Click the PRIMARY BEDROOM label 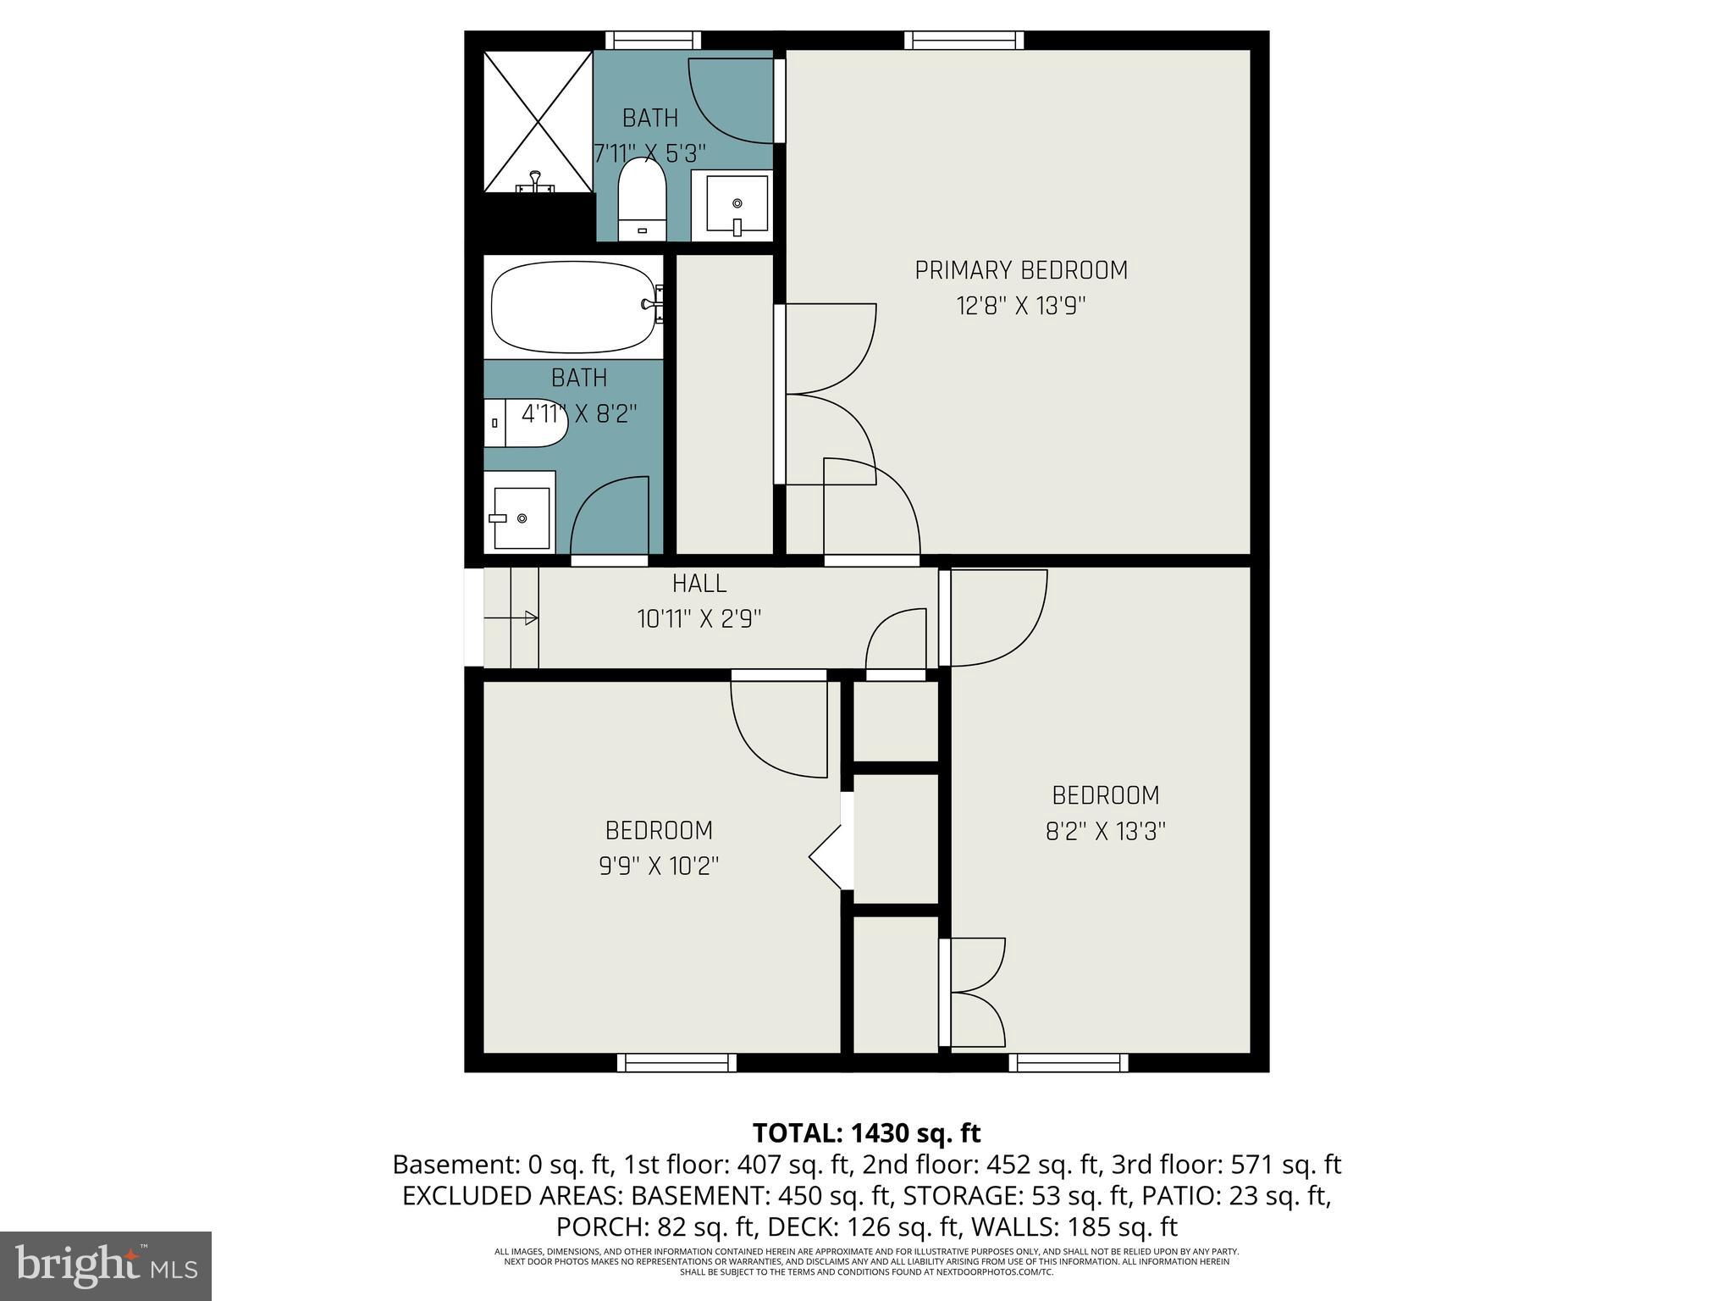coord(1021,270)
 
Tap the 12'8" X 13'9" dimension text coord(1021,306)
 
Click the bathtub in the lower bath coord(573,307)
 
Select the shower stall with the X coord(538,120)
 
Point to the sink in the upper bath coord(732,205)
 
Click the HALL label coord(699,584)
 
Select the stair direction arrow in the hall coord(512,618)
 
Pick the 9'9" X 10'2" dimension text coord(659,866)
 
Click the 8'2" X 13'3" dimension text coord(1106,831)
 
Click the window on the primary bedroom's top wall coord(964,40)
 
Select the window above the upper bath coord(653,40)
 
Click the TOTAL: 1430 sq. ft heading coord(866,1132)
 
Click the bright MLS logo coord(106,1265)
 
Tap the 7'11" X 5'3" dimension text coord(650,153)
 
